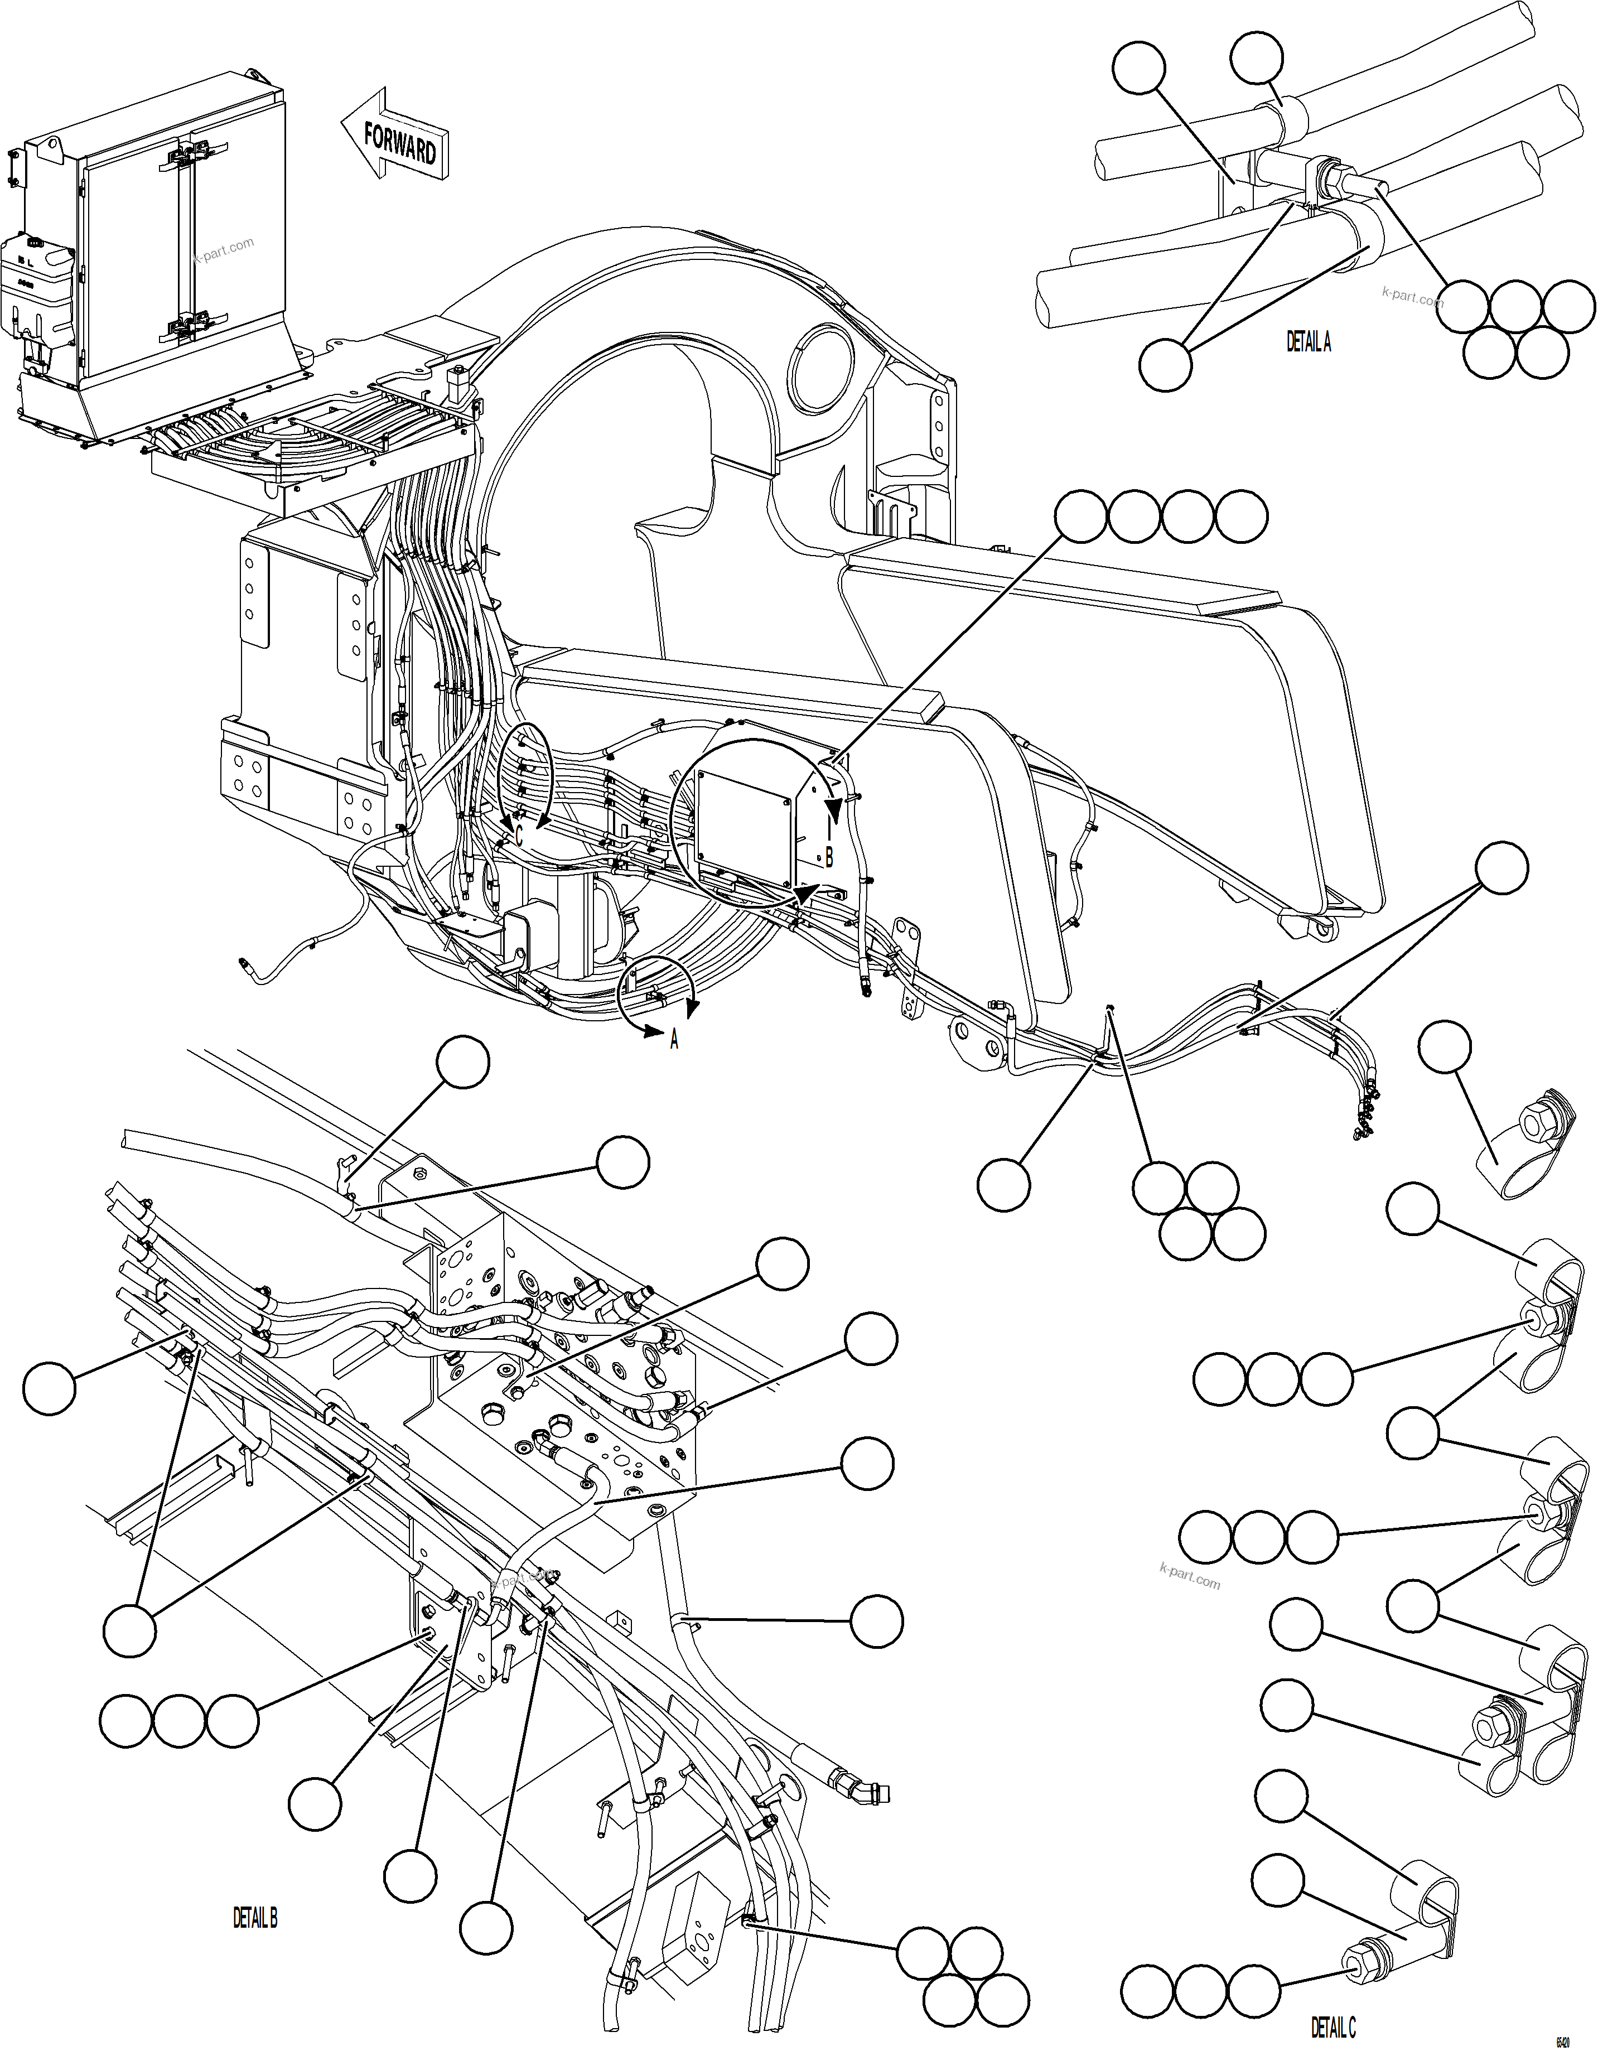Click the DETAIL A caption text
(1308, 343)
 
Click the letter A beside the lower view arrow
(673, 1040)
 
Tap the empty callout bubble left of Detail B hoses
(49, 1387)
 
